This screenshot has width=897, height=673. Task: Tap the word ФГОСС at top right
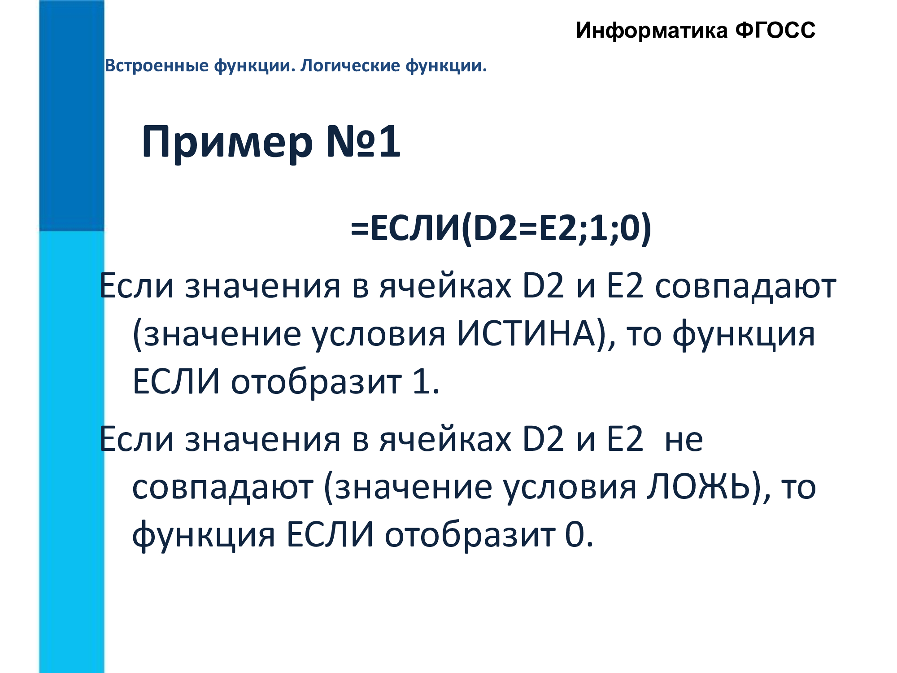click(775, 31)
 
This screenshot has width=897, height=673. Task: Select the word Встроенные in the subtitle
click(157, 66)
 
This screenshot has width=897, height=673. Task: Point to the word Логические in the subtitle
click(350, 66)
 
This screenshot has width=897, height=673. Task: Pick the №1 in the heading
click(363, 141)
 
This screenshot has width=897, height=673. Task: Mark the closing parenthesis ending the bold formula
click(645, 229)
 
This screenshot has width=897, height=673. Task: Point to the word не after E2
click(684, 440)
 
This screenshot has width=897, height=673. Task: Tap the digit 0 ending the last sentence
click(575, 535)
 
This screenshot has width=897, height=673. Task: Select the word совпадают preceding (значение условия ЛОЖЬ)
click(222, 488)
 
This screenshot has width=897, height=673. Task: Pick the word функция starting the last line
click(204, 536)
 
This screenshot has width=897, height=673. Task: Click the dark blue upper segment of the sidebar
click(72, 115)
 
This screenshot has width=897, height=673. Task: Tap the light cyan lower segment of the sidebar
click(72, 452)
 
